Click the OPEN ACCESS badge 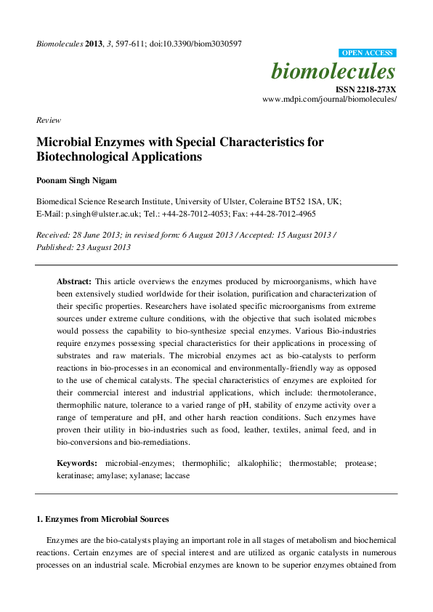click(368, 53)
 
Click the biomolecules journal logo click(333, 71)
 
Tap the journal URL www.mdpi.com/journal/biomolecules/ click(329, 98)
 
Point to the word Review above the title click(49, 120)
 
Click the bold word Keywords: click(77, 463)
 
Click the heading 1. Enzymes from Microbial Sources click(102, 519)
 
